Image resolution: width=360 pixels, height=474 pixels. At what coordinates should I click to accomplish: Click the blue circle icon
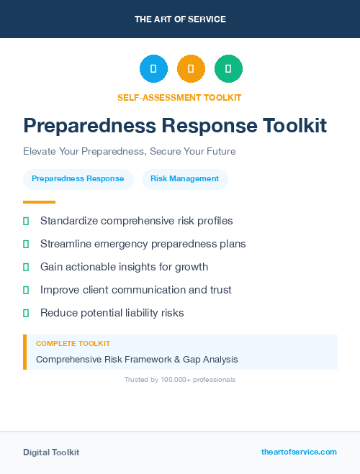point(153,69)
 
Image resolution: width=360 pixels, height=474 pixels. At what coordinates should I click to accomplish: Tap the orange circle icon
point(191,69)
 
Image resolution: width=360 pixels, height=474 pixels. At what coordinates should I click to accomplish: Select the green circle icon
point(228,69)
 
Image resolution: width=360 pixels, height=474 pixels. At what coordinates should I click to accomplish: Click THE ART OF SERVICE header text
point(180,19)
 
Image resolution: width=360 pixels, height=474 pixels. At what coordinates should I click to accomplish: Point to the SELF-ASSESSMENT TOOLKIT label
point(179,97)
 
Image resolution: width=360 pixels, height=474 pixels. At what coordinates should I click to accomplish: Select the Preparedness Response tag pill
point(78,179)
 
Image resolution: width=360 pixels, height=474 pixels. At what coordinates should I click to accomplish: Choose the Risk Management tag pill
point(184,179)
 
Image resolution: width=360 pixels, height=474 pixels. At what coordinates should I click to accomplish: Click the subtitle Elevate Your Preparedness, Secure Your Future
point(130,152)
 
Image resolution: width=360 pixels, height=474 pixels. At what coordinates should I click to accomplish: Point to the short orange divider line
point(39,202)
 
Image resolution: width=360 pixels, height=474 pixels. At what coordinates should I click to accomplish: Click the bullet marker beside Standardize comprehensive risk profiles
point(26,221)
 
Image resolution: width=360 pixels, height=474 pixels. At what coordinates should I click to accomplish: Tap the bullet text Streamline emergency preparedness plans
point(143,244)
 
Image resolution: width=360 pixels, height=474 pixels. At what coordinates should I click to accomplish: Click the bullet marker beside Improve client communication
point(26,290)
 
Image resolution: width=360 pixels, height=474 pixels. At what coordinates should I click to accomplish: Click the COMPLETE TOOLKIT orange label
point(73,344)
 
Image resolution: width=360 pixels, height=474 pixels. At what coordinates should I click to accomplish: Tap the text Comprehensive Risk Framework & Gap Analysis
point(137,359)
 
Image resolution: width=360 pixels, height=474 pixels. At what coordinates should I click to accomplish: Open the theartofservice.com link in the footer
point(299,452)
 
